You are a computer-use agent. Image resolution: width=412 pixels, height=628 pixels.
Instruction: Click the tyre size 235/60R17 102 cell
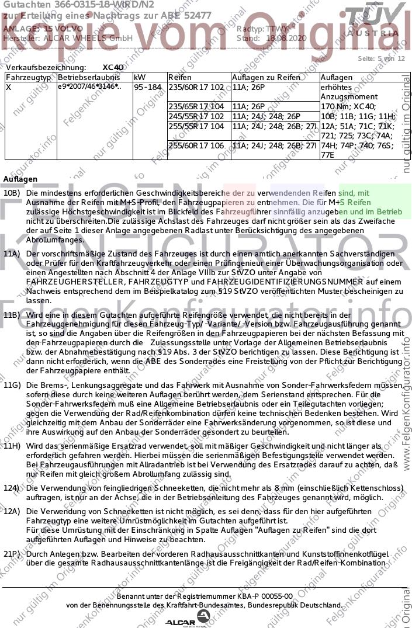[196, 87]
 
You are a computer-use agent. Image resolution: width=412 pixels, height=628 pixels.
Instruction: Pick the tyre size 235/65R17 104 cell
[196, 106]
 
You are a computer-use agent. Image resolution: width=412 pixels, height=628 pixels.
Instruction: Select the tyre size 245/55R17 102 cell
[196, 116]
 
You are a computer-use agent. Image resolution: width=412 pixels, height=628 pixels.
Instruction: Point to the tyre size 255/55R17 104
[196, 126]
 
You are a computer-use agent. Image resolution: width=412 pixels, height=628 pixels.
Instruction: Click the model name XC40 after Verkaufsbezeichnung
[113, 68]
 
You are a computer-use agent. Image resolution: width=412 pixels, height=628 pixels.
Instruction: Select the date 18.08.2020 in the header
[286, 38]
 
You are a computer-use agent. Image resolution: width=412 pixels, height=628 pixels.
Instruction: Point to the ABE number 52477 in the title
[196, 16]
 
